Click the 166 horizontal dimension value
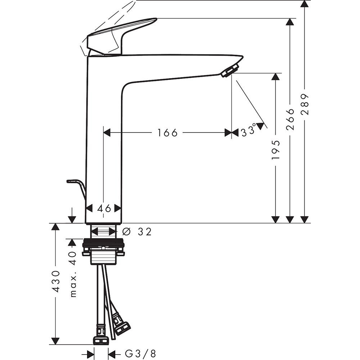click(167, 133)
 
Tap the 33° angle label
click(248, 130)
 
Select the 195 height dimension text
click(275, 150)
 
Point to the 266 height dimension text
click(290, 119)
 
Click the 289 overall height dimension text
click(305, 104)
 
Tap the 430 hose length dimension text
click(56, 281)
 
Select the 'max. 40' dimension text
click(73, 274)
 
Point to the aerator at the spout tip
click(230, 71)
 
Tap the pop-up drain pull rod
click(77, 185)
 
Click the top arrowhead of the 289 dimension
click(305, 4)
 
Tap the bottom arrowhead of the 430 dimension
click(55, 340)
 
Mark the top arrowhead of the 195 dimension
click(275, 77)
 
